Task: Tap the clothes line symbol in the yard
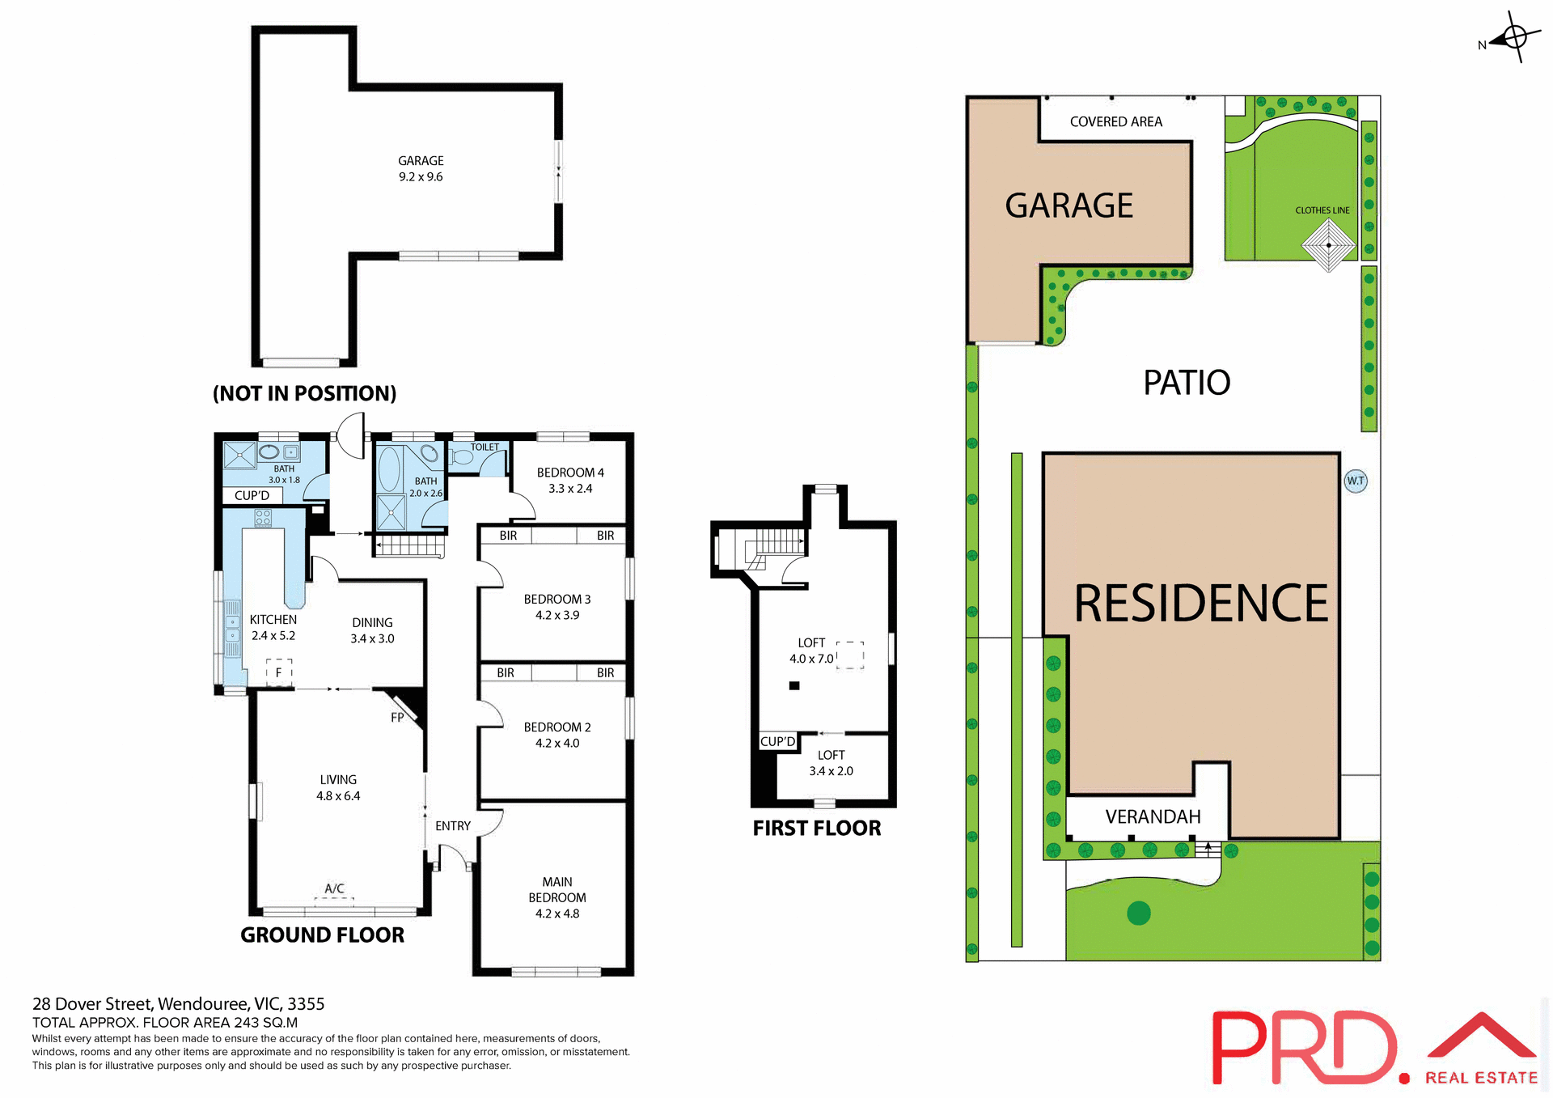pos(1328,245)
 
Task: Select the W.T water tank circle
pos(1356,481)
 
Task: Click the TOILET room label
pos(485,447)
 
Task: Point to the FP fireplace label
pos(397,718)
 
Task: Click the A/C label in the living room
pos(334,888)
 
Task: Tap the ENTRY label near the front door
pos(452,826)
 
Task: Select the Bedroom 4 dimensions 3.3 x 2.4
pos(570,489)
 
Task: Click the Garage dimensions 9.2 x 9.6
pos(421,177)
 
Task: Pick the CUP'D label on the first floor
pos(777,742)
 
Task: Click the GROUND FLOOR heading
pos(322,935)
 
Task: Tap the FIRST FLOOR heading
pos(817,829)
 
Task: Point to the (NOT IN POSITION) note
pos(304,394)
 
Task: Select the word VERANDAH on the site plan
pos(1153,817)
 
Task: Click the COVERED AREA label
pos(1115,122)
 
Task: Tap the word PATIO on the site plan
pos(1187,383)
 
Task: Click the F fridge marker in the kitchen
pos(278,672)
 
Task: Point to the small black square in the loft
pos(794,686)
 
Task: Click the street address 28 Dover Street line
pos(178,1004)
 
